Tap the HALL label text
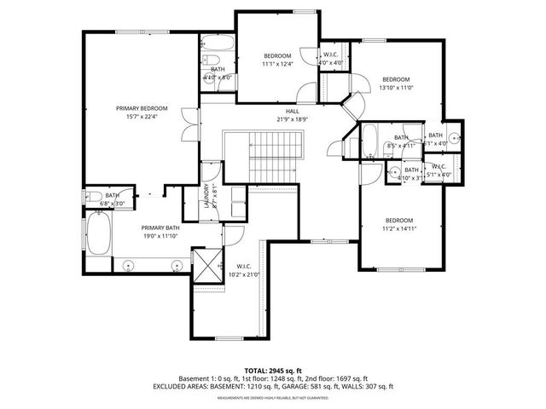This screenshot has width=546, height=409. click(x=292, y=112)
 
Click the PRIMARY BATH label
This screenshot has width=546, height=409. click(x=160, y=228)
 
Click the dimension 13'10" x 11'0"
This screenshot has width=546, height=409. click(x=396, y=87)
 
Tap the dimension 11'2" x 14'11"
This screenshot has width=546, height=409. click(x=398, y=228)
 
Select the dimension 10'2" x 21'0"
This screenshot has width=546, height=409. click(x=243, y=274)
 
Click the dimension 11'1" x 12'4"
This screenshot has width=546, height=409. click(x=277, y=63)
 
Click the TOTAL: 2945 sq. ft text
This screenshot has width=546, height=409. click(x=272, y=372)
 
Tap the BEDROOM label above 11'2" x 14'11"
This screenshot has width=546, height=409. click(x=398, y=220)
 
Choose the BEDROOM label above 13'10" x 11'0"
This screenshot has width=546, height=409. click(x=396, y=78)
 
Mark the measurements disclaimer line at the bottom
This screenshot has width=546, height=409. click(x=272, y=398)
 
